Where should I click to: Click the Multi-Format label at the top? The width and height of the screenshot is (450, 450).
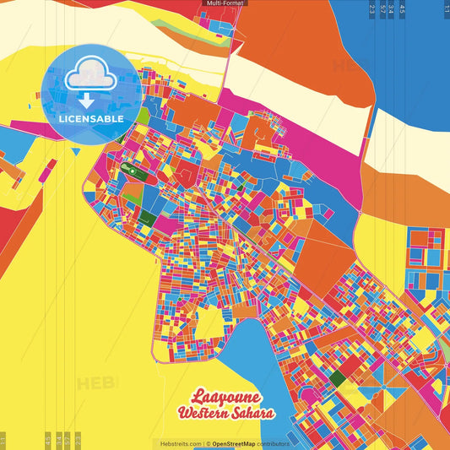click(x=224, y=3)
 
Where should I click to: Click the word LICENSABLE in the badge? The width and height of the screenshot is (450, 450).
click(x=90, y=118)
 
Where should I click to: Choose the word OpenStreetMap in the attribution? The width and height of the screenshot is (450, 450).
click(x=235, y=443)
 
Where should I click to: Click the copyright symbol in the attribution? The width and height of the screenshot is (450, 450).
click(x=208, y=443)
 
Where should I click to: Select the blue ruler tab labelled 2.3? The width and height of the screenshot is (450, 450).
click(x=372, y=10)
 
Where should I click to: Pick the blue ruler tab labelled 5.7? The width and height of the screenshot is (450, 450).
click(x=383, y=10)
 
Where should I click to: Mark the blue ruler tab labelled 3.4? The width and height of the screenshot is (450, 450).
click(x=392, y=10)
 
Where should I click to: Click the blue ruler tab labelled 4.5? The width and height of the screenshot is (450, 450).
click(x=403, y=10)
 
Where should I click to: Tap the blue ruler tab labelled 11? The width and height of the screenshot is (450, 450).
click(x=447, y=10)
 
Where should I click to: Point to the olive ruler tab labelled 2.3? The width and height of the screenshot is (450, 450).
click(x=78, y=440)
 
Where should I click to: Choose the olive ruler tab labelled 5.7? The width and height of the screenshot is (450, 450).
click(x=68, y=440)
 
